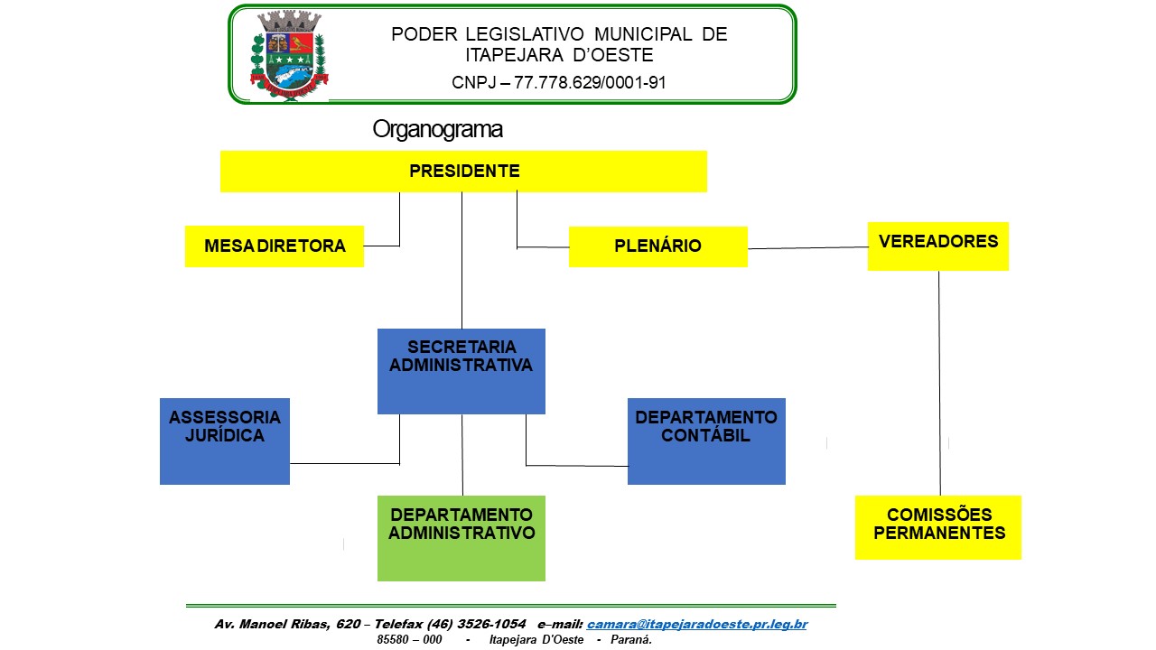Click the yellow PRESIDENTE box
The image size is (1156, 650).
coord(463,171)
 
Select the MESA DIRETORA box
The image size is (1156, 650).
coord(275,246)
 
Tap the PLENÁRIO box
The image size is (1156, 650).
coord(657,246)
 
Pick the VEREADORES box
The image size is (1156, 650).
coord(937,246)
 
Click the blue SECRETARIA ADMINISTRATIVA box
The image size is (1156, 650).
coord(461,371)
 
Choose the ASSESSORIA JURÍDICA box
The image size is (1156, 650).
coord(224,441)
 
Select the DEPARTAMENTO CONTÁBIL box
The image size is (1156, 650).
coord(706,441)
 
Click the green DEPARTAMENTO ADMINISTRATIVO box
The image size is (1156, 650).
coord(461,538)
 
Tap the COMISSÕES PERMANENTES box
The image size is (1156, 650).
coord(938,526)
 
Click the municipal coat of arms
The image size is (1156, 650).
coord(289,54)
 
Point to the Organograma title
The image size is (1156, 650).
coord(437,130)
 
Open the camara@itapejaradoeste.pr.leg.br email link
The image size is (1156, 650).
coord(696,624)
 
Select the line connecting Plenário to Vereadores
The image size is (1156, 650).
coord(807,247)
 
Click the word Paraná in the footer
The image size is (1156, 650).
coord(631,639)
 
